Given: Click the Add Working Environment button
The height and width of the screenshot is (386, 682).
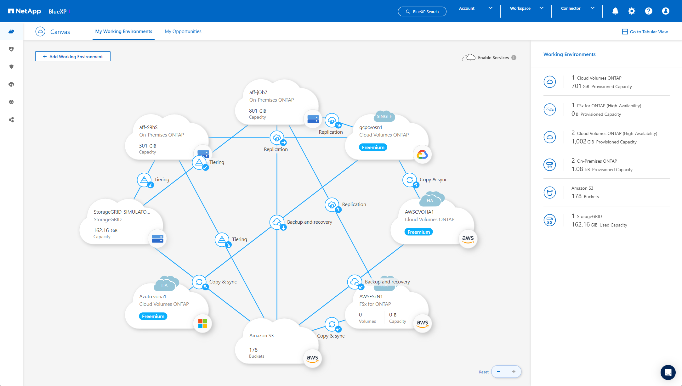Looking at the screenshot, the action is (73, 57).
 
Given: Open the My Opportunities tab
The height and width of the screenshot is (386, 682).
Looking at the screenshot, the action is (183, 31).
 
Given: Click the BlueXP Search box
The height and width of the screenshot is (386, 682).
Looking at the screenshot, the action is (422, 12).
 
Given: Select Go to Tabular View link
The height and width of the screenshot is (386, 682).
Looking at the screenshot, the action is (645, 32).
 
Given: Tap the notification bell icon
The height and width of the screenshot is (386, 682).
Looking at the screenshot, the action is (615, 11).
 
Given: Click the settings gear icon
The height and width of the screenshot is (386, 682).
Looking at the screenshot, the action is (632, 11).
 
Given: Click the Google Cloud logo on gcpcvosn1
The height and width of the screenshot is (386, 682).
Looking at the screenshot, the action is (422, 154).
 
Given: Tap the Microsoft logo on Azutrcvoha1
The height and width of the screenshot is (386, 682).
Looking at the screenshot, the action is (202, 323).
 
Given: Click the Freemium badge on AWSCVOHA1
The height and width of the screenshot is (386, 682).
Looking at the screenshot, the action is (418, 232).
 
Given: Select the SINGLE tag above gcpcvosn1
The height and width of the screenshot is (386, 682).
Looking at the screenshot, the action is (384, 116).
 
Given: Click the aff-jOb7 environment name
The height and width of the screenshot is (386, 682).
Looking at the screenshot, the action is (258, 92).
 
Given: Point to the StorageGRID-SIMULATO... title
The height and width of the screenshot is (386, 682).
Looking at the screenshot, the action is (122, 212).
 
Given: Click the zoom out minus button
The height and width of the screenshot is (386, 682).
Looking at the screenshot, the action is (499, 372).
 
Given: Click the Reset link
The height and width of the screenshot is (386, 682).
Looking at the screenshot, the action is (484, 372).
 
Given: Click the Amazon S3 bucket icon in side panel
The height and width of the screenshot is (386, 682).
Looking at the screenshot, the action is (550, 193).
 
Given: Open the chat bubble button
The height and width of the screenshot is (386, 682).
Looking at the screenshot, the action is (668, 372).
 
